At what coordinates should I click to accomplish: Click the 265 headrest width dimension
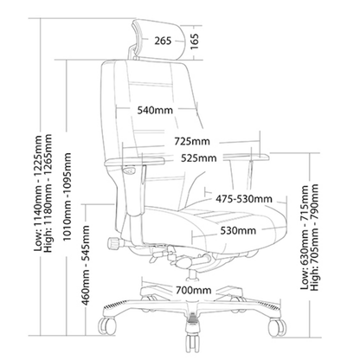(163, 41)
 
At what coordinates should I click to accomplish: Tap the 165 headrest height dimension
(195, 42)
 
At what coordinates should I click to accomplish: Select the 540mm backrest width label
(155, 110)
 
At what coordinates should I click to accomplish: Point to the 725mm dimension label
(192, 141)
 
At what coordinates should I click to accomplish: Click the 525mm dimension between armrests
(199, 158)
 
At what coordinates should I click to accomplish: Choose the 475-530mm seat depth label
(244, 199)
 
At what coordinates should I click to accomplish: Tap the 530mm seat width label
(238, 230)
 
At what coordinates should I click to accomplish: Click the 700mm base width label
(194, 290)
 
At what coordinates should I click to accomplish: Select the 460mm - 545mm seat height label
(86, 266)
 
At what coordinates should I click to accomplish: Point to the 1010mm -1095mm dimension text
(67, 196)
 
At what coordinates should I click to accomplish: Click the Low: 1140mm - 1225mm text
(38, 193)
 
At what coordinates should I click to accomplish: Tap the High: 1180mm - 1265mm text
(48, 193)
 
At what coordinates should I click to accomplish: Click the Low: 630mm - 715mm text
(305, 237)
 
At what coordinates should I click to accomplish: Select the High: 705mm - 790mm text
(314, 237)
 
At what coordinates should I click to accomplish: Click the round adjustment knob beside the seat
(113, 243)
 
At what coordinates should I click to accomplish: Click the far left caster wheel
(106, 326)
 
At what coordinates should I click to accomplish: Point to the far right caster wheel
(277, 327)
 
